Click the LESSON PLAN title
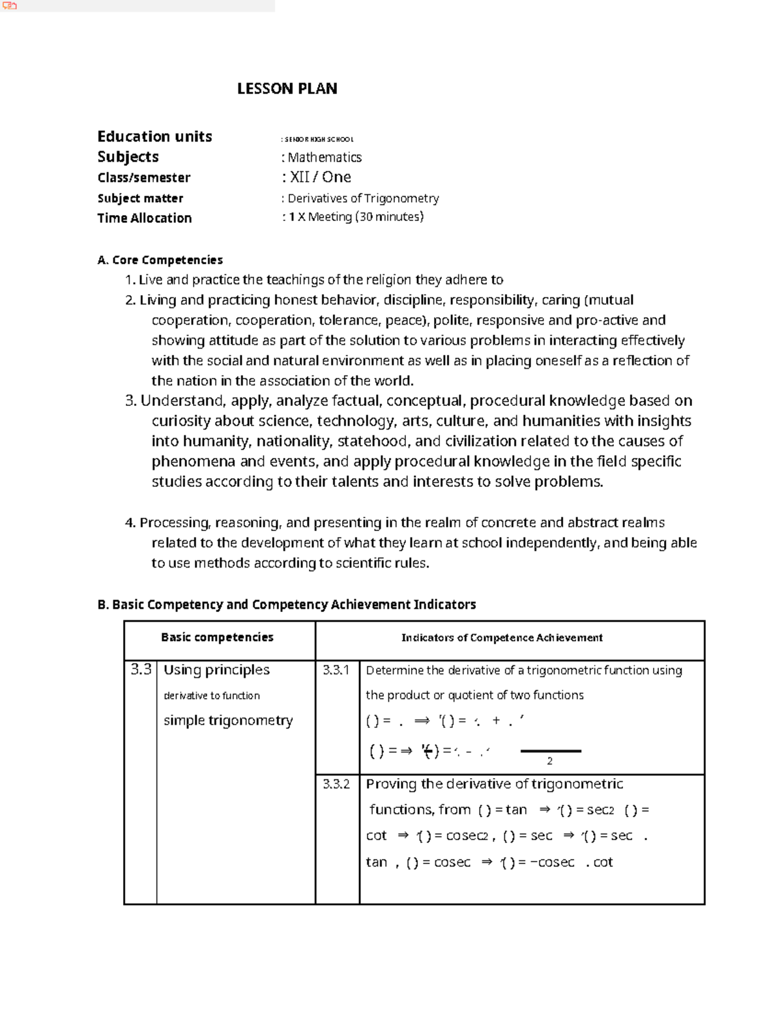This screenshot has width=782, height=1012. pos(287,89)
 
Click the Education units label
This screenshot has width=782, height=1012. pos(154,136)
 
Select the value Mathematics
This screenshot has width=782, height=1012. pos(325,157)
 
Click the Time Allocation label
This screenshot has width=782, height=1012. pos(144,218)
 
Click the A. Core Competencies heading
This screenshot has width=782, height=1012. pos(160,260)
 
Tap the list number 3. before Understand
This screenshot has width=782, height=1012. pos(130,401)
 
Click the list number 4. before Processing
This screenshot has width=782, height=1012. pos(130,523)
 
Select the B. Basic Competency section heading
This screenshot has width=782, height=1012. pos(286,604)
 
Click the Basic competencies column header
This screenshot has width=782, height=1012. pos(217,637)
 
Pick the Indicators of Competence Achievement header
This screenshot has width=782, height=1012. pos(501,637)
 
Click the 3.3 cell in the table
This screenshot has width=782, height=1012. pos(141,669)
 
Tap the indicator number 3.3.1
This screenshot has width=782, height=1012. pos(336,670)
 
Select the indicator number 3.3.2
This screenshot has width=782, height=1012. pos(336,784)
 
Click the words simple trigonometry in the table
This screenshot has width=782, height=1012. pos(228,720)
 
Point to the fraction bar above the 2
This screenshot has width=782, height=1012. pos(551,751)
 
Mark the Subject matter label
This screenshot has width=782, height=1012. pos(140,198)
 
